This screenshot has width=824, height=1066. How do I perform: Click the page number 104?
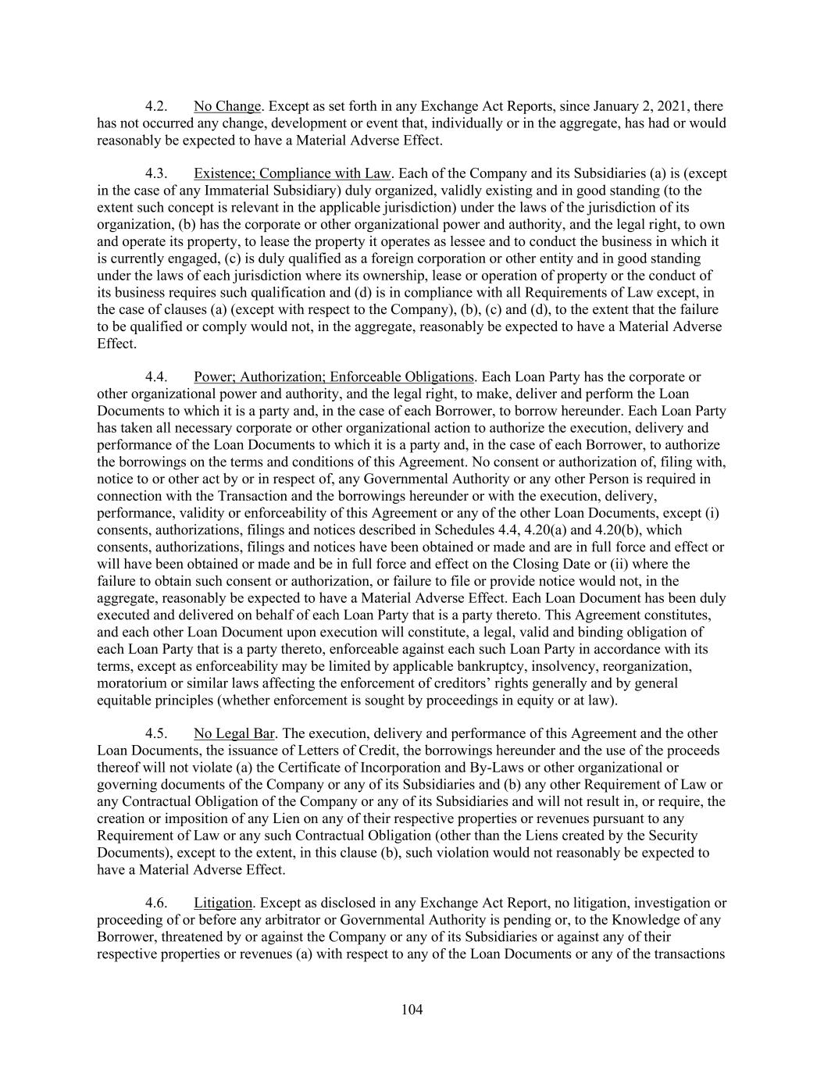tap(412, 1010)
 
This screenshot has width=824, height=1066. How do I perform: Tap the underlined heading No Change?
tap(227, 106)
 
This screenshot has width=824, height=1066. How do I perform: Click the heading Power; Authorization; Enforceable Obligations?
tap(334, 377)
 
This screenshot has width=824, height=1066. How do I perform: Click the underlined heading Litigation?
tap(223, 904)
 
